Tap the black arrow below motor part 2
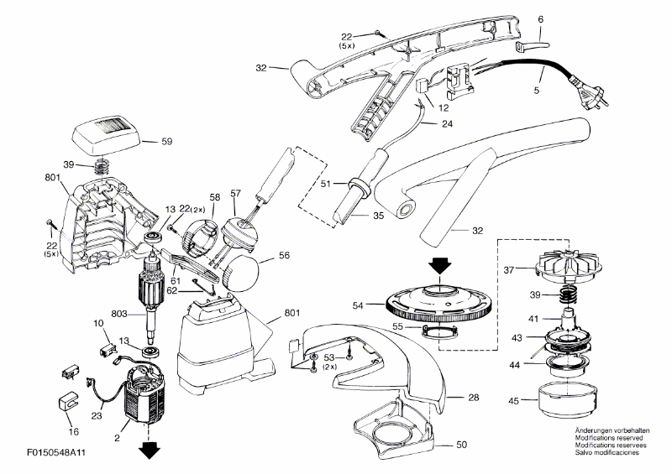[150, 451]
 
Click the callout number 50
[461, 444]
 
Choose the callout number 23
[96, 414]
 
